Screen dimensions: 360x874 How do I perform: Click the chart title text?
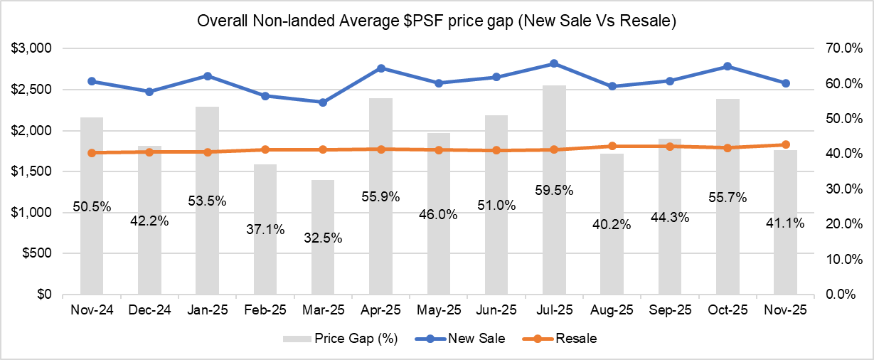tap(436, 22)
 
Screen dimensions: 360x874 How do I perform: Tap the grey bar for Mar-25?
tap(323, 270)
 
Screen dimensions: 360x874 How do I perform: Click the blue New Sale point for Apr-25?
tap(381, 68)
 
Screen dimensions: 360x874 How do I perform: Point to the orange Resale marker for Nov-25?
tap(786, 144)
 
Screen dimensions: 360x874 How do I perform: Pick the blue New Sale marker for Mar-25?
tap(323, 102)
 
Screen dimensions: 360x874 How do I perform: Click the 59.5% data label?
tap(554, 191)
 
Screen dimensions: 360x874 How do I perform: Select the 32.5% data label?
tap(323, 238)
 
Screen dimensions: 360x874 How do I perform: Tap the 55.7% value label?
tap(728, 198)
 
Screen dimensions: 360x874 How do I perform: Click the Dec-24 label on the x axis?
tap(149, 310)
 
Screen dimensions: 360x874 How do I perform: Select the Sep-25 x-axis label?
tap(670, 310)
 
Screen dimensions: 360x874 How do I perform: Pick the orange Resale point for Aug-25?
tap(612, 146)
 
